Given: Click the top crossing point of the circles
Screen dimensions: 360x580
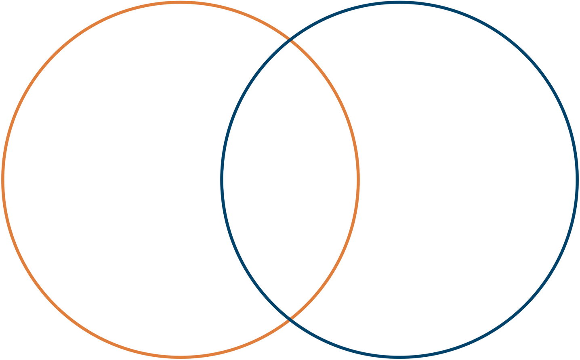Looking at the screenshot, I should click(290, 40).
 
